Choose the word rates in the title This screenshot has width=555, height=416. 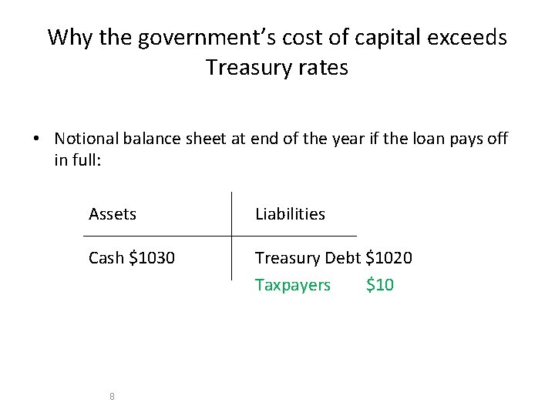point(322,68)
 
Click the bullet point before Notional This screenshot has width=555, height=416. point(36,139)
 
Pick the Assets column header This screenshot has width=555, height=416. point(113,214)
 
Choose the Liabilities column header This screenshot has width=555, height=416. point(290,214)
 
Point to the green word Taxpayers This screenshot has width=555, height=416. point(293,285)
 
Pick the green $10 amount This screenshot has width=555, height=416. point(380,285)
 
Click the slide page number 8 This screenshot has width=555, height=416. point(113,396)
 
